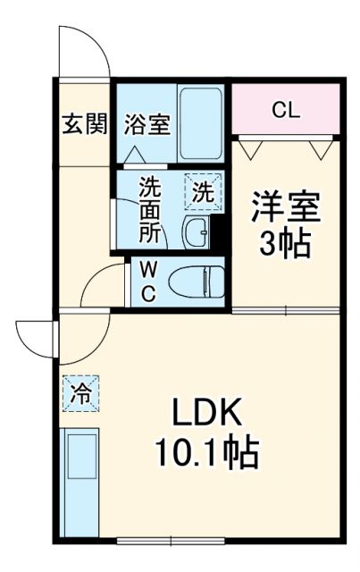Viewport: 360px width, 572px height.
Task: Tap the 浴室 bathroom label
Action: (147, 123)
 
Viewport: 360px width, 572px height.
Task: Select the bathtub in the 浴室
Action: (203, 122)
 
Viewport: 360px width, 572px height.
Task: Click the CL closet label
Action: (286, 111)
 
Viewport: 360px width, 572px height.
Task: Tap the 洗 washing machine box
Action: (204, 190)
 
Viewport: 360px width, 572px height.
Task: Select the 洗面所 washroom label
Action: (150, 211)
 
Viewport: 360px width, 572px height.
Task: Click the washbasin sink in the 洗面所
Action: (197, 233)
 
